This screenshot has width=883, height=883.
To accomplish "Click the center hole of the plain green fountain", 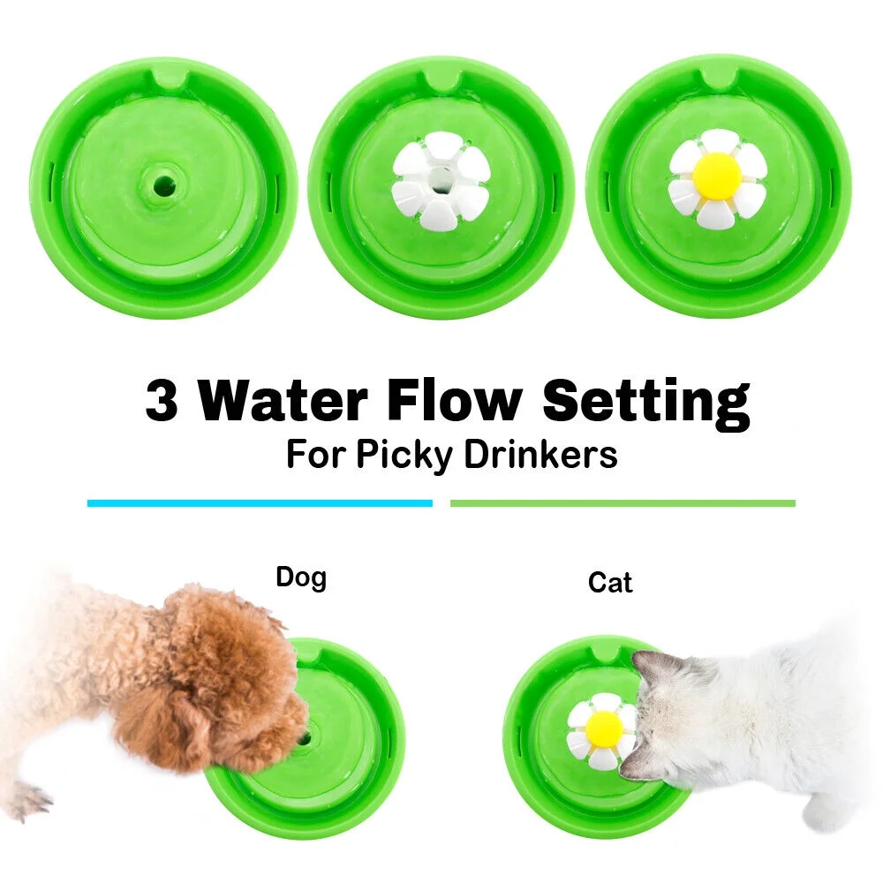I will coord(163,185).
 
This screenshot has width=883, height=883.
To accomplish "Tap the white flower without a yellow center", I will coord(441,181).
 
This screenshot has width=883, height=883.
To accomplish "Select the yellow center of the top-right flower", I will coord(717,176).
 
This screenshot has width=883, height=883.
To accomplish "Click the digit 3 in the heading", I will coord(162,402).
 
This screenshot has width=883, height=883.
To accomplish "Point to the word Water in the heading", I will coord(283,402).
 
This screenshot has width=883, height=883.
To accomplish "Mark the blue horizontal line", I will coord(260,503).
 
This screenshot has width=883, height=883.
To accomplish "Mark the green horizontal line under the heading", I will coord(623,503).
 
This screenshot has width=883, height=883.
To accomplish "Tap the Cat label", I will coord(610,583).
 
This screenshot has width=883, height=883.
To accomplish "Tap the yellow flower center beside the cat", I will coord(604,728).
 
